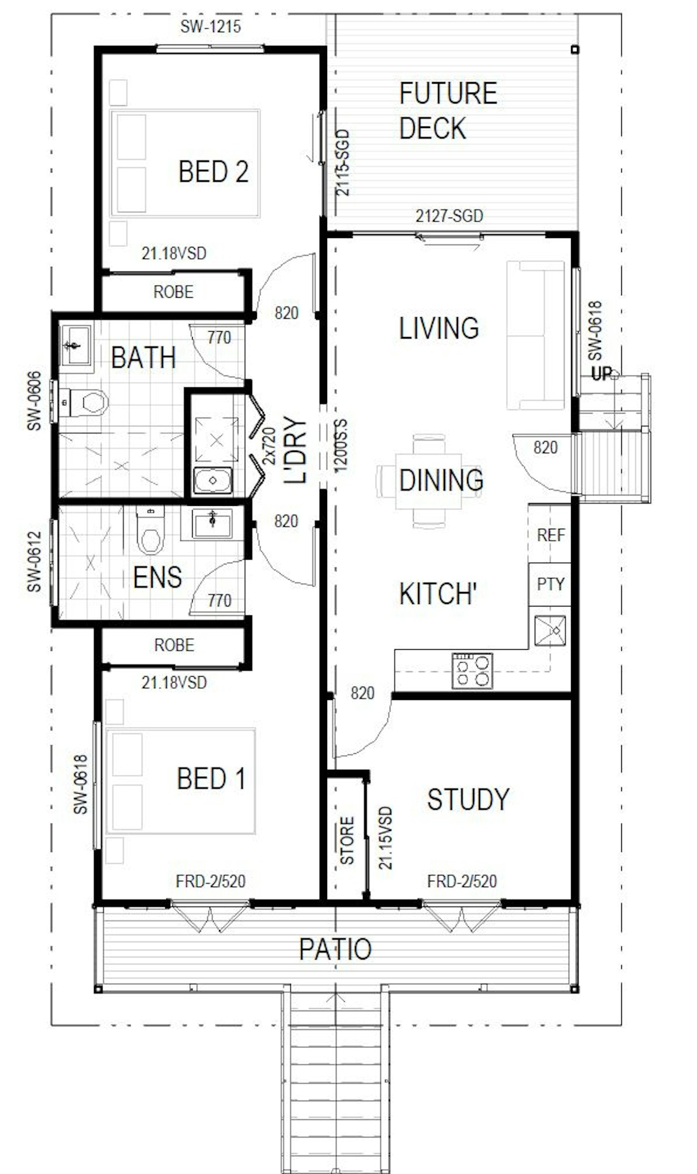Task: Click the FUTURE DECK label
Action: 448,111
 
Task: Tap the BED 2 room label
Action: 214,171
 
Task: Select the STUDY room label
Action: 468,799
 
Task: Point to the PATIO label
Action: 335,949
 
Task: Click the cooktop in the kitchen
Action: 472,671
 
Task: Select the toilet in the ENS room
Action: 150,530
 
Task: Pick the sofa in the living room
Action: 536,335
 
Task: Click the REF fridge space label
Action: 551,535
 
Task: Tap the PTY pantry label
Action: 551,584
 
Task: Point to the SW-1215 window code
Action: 211,26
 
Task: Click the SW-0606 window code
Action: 34,401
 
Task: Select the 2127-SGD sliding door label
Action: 449,216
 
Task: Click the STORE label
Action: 347,840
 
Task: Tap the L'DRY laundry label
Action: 295,450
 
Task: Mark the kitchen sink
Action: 550,631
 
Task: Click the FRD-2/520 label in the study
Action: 462,882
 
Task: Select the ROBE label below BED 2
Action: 173,292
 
